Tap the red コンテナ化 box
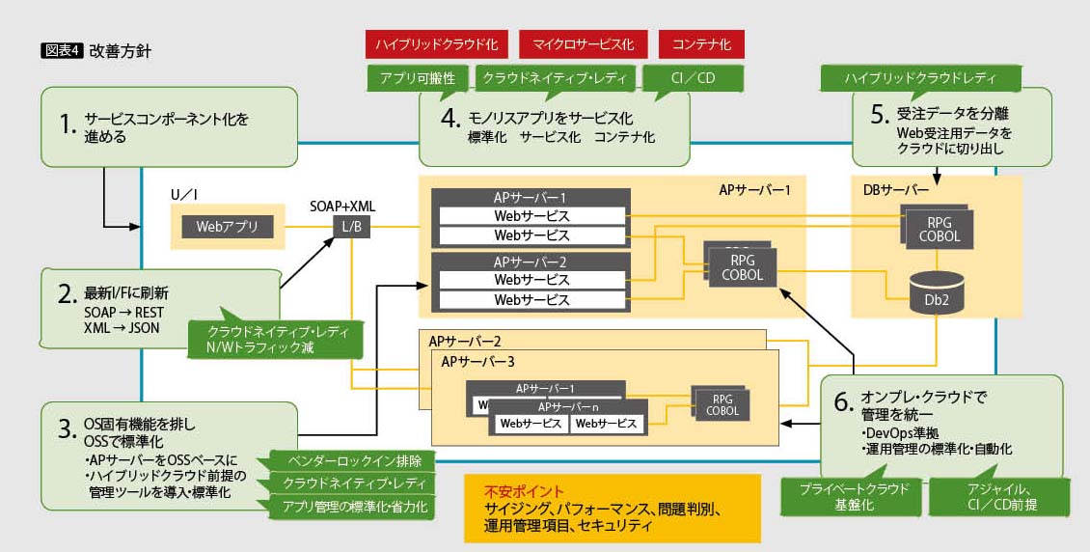[x=701, y=44]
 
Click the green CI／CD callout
[x=693, y=78]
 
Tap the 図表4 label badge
[x=62, y=51]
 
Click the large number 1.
[x=66, y=124]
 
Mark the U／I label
[x=183, y=195]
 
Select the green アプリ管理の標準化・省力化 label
[x=352, y=506]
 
